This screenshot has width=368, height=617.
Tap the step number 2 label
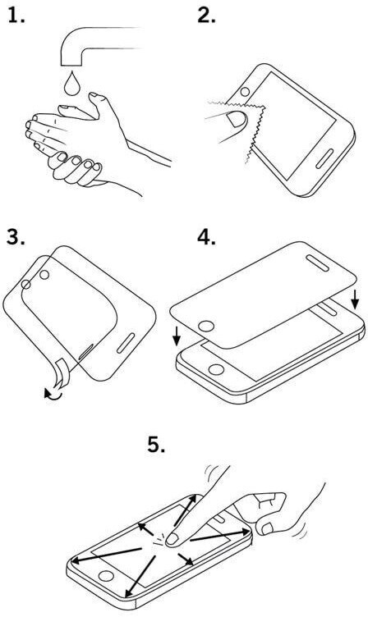(207, 15)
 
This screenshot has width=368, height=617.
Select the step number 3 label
(16, 236)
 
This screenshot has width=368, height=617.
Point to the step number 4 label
(207, 236)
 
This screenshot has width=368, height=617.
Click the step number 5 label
(156, 444)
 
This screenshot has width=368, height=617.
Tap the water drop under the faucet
(71, 84)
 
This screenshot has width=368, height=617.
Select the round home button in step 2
(245, 92)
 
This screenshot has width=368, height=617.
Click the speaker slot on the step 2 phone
(324, 158)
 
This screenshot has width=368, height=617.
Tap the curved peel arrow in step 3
(53, 394)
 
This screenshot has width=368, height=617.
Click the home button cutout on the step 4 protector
(206, 327)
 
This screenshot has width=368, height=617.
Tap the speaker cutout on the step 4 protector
(318, 263)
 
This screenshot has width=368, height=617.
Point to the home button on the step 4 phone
(216, 369)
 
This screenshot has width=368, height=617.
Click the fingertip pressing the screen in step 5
(172, 539)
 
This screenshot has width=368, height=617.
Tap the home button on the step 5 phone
(106, 576)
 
